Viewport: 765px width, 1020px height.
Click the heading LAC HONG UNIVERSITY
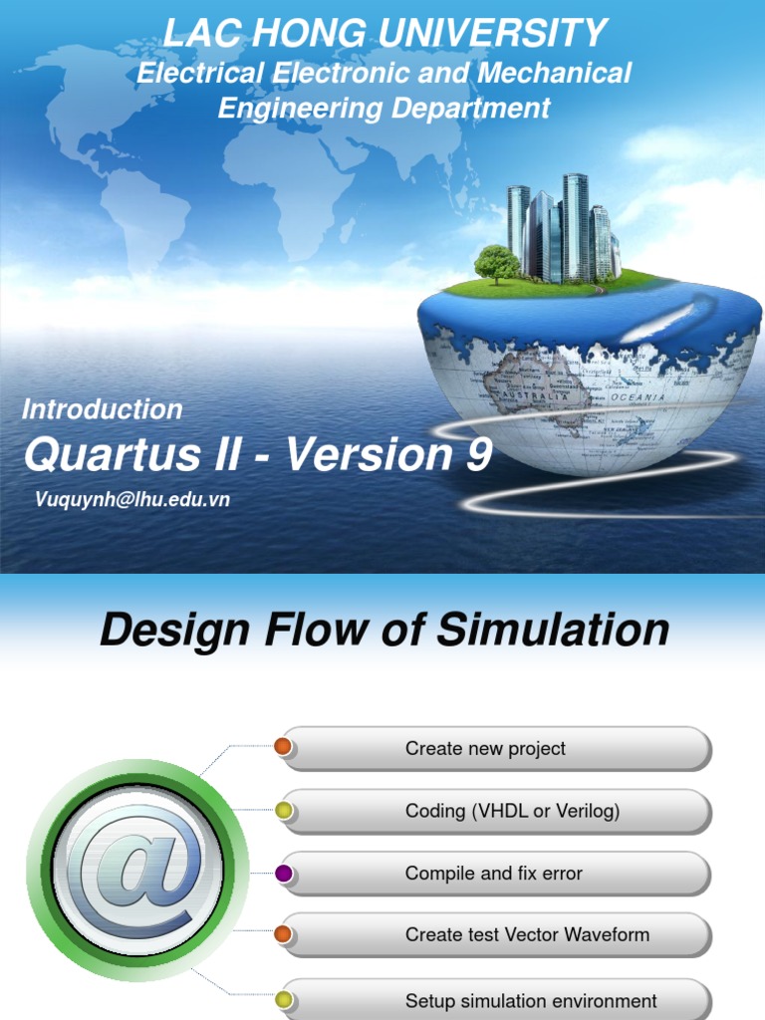[x=384, y=34]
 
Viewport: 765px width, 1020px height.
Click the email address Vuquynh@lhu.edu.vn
[x=132, y=500]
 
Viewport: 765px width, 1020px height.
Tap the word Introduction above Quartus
[x=103, y=409]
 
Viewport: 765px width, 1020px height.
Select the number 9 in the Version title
[x=478, y=455]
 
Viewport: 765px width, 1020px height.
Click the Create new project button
[x=496, y=748]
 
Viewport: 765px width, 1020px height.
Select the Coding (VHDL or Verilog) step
[x=496, y=811]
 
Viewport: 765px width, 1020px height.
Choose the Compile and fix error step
[x=496, y=874]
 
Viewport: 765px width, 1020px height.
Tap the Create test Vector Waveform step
[x=496, y=935]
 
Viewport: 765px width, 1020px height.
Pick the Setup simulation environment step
[x=496, y=1000]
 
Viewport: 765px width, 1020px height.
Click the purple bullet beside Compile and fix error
[x=284, y=874]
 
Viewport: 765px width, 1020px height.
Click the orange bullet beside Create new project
[x=283, y=746]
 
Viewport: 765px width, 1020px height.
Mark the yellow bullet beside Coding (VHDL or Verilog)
[x=284, y=811]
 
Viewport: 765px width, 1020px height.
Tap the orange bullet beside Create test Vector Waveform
[x=283, y=934]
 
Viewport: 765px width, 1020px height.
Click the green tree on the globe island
[x=496, y=263]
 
